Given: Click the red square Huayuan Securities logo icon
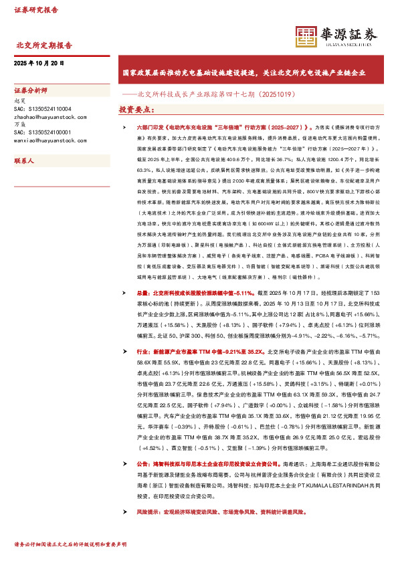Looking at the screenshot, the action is [x=306, y=36].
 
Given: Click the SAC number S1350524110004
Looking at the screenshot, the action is [x=42, y=108].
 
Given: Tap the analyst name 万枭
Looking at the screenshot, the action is [x=19, y=124].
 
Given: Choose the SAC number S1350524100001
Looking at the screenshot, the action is [x=42, y=132].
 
